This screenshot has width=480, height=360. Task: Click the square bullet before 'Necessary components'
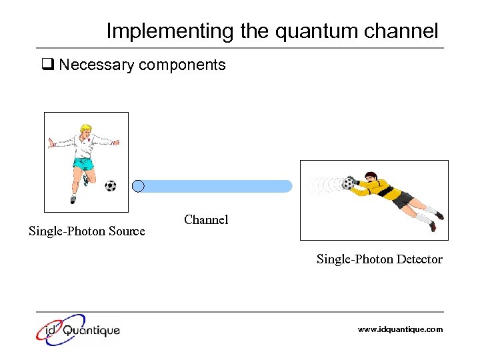point(47,65)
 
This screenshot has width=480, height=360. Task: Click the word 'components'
point(186,65)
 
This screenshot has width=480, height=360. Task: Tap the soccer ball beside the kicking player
point(110,186)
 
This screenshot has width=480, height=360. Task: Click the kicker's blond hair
point(85,129)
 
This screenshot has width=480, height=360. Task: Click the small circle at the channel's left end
point(138,186)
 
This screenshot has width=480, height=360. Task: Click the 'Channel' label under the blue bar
point(206,219)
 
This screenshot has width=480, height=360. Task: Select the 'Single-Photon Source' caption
point(87,231)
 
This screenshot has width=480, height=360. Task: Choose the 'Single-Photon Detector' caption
point(379,259)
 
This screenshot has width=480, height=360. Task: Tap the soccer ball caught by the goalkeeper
point(348,183)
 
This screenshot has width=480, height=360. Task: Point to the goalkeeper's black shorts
point(403,199)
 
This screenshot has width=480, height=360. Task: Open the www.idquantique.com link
point(400,329)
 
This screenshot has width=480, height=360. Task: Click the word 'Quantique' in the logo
point(92,330)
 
